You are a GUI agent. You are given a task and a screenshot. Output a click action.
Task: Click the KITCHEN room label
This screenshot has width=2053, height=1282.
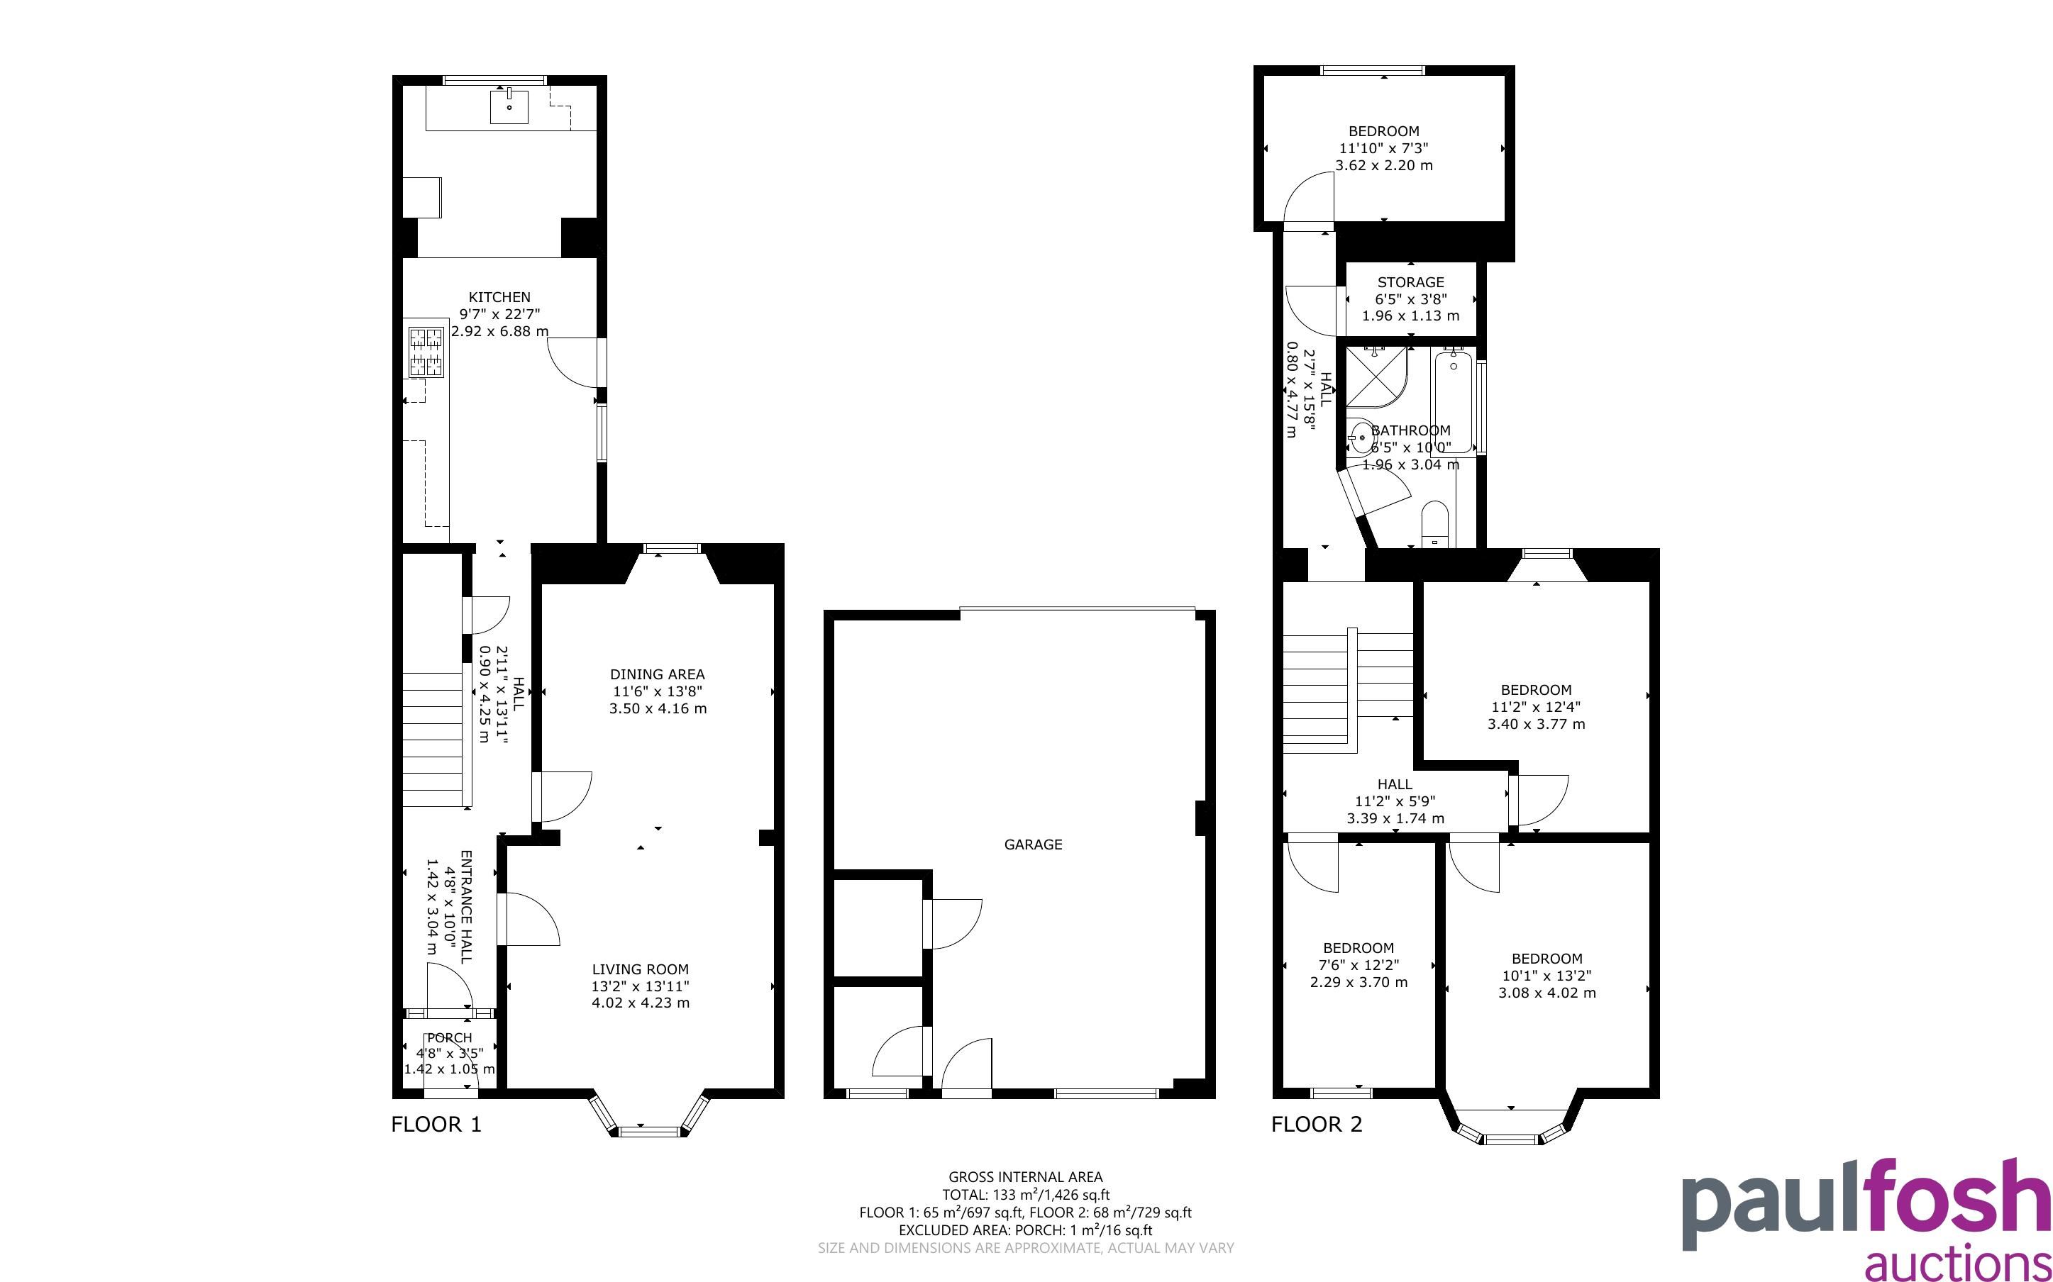pyautogui.click(x=499, y=297)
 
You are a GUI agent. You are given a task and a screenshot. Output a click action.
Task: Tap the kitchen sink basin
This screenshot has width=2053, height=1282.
pyautogui.click(x=509, y=107)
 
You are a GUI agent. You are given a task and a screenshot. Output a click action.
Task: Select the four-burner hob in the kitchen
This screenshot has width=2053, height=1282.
pyautogui.click(x=426, y=352)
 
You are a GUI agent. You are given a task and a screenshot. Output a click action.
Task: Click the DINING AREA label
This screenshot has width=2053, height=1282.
pyautogui.click(x=657, y=674)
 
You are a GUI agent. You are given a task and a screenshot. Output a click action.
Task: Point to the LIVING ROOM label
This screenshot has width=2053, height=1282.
pyautogui.click(x=641, y=969)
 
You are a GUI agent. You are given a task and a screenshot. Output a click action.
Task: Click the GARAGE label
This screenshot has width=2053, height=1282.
pyautogui.click(x=1033, y=845)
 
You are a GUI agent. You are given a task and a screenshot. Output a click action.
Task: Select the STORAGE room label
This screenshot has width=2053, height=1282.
pyautogui.click(x=1410, y=282)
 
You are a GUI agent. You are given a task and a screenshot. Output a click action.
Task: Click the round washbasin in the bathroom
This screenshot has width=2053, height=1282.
pyautogui.click(x=1360, y=438)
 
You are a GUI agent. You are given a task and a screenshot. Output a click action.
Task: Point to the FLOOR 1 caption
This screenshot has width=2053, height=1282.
pyautogui.click(x=436, y=1125)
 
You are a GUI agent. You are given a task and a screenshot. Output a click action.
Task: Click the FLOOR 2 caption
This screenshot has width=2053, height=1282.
pyautogui.click(x=1316, y=1125)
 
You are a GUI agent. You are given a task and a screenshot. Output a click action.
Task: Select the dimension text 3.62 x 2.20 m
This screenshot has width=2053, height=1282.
pyautogui.click(x=1384, y=165)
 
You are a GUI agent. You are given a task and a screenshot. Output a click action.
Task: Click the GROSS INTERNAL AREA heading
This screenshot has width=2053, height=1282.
pyautogui.click(x=1025, y=1177)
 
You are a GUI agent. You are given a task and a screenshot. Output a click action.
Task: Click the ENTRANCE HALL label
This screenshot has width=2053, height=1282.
pyautogui.click(x=465, y=906)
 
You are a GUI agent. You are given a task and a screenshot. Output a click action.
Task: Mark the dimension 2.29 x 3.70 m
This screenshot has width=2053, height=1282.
pyautogui.click(x=1358, y=983)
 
